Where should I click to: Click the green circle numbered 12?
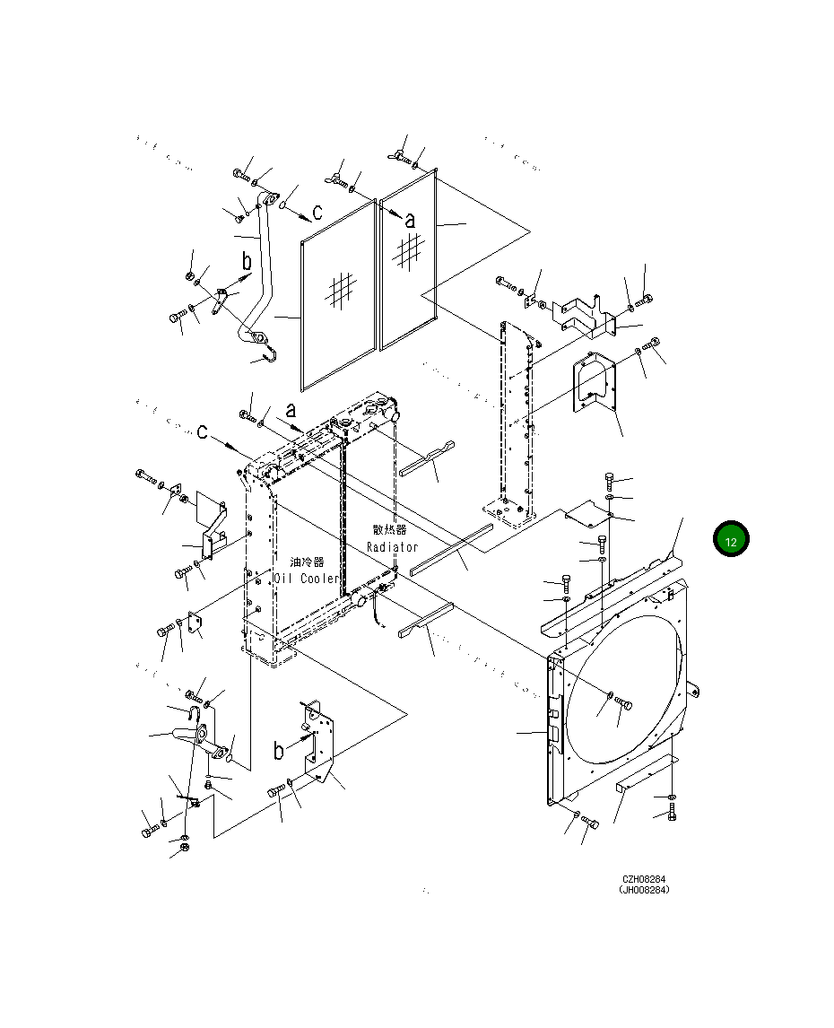tap(731, 540)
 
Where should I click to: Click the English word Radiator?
tap(392, 547)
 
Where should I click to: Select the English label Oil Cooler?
tap(306, 579)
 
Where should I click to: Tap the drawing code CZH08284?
tap(644, 879)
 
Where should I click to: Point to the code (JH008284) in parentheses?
tap(644, 890)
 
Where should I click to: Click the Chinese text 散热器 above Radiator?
tap(389, 530)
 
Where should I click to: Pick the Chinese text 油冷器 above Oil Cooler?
tap(307, 562)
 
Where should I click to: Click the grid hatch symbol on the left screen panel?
tap(341, 290)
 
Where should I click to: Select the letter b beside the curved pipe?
tap(247, 262)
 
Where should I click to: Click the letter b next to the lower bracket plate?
tap(279, 750)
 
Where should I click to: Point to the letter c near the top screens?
tap(317, 213)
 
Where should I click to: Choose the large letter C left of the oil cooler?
tap(204, 433)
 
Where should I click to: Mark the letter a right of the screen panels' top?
tap(410, 219)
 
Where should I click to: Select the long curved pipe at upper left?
tap(263, 269)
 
